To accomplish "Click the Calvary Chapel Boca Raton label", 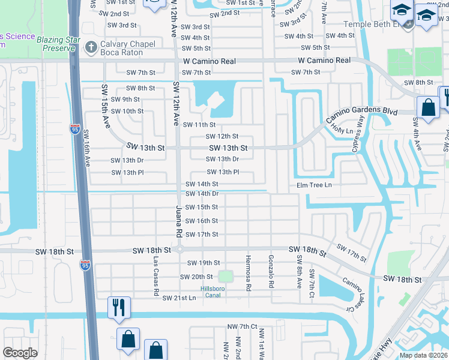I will coord(122,48).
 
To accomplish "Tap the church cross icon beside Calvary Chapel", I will coord(91,46).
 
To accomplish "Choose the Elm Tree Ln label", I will coord(314,185).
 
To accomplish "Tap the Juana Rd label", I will coord(178,215).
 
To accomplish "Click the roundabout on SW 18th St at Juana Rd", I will coord(179,250).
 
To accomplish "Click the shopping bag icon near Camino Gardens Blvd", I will coord(429,109).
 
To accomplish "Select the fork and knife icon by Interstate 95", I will coord(118,307).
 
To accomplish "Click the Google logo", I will coord(20,352).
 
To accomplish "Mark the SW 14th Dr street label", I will coord(202,194).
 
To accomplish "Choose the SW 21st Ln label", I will coord(179,298).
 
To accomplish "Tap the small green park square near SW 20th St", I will coord(225,277).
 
